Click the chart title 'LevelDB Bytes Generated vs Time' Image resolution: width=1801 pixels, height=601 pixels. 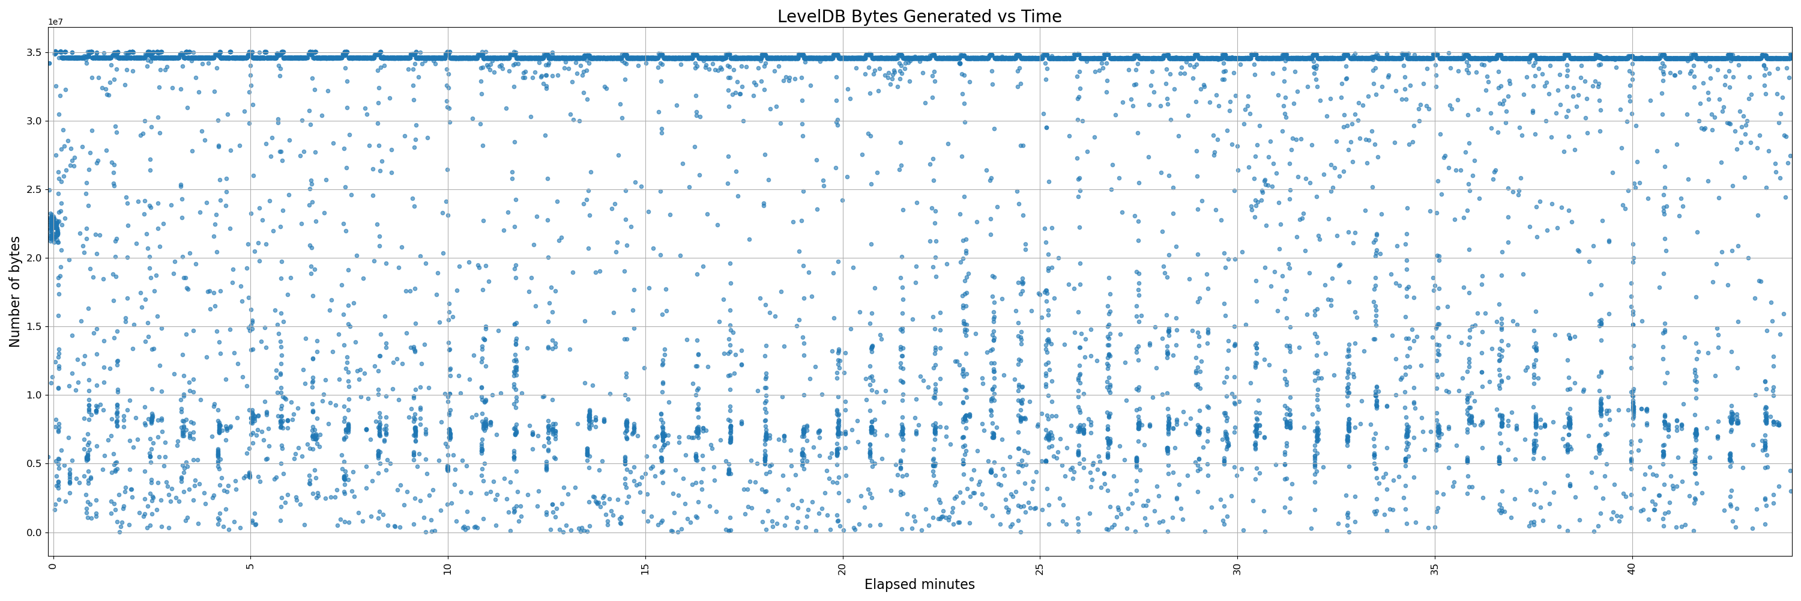coord(919,16)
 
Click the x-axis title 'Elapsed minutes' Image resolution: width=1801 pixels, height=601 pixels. coord(919,584)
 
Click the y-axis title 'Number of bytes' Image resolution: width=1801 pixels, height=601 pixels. coord(14,291)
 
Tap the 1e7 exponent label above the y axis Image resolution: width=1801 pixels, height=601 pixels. coord(55,22)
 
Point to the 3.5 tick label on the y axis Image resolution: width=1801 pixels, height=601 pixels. coord(34,52)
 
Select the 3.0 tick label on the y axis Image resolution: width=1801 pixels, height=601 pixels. coord(34,121)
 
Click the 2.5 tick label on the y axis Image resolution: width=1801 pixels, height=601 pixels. coord(34,189)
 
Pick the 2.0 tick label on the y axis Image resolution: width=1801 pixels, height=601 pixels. coord(34,258)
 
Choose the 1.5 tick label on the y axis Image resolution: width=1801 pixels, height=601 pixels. coord(34,327)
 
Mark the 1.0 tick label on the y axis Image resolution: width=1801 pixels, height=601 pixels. coord(34,395)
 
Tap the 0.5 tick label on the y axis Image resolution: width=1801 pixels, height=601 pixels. coord(34,464)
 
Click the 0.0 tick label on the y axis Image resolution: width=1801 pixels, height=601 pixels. coord(34,532)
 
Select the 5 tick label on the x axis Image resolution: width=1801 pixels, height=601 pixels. coord(250,566)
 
